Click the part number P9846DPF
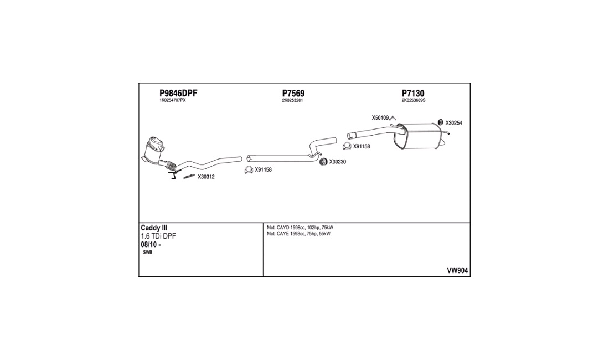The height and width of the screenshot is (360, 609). pyautogui.click(x=178, y=93)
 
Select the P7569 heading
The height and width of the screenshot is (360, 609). pyautogui.click(x=293, y=93)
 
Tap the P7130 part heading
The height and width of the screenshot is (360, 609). pyautogui.click(x=413, y=93)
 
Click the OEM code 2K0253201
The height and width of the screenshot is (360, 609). pyautogui.click(x=292, y=101)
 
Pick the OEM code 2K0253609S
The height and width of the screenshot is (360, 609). pyautogui.click(x=414, y=101)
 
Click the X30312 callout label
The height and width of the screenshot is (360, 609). pyautogui.click(x=206, y=177)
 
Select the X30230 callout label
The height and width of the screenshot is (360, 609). pyautogui.click(x=338, y=162)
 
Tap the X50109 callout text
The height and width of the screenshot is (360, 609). pyautogui.click(x=380, y=117)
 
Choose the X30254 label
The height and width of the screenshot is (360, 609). pyautogui.click(x=453, y=123)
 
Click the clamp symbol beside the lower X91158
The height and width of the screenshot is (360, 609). pyautogui.click(x=249, y=169)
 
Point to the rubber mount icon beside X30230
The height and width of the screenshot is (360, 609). pyautogui.click(x=323, y=162)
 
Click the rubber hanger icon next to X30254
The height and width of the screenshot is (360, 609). pyautogui.click(x=441, y=122)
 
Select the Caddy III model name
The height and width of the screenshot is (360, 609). pyautogui.click(x=154, y=228)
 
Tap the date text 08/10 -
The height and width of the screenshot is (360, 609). pyautogui.click(x=151, y=245)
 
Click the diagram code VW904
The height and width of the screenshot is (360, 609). pyautogui.click(x=457, y=271)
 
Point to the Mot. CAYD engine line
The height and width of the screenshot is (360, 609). pyautogui.click(x=300, y=228)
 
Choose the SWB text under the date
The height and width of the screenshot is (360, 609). pyautogui.click(x=148, y=253)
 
